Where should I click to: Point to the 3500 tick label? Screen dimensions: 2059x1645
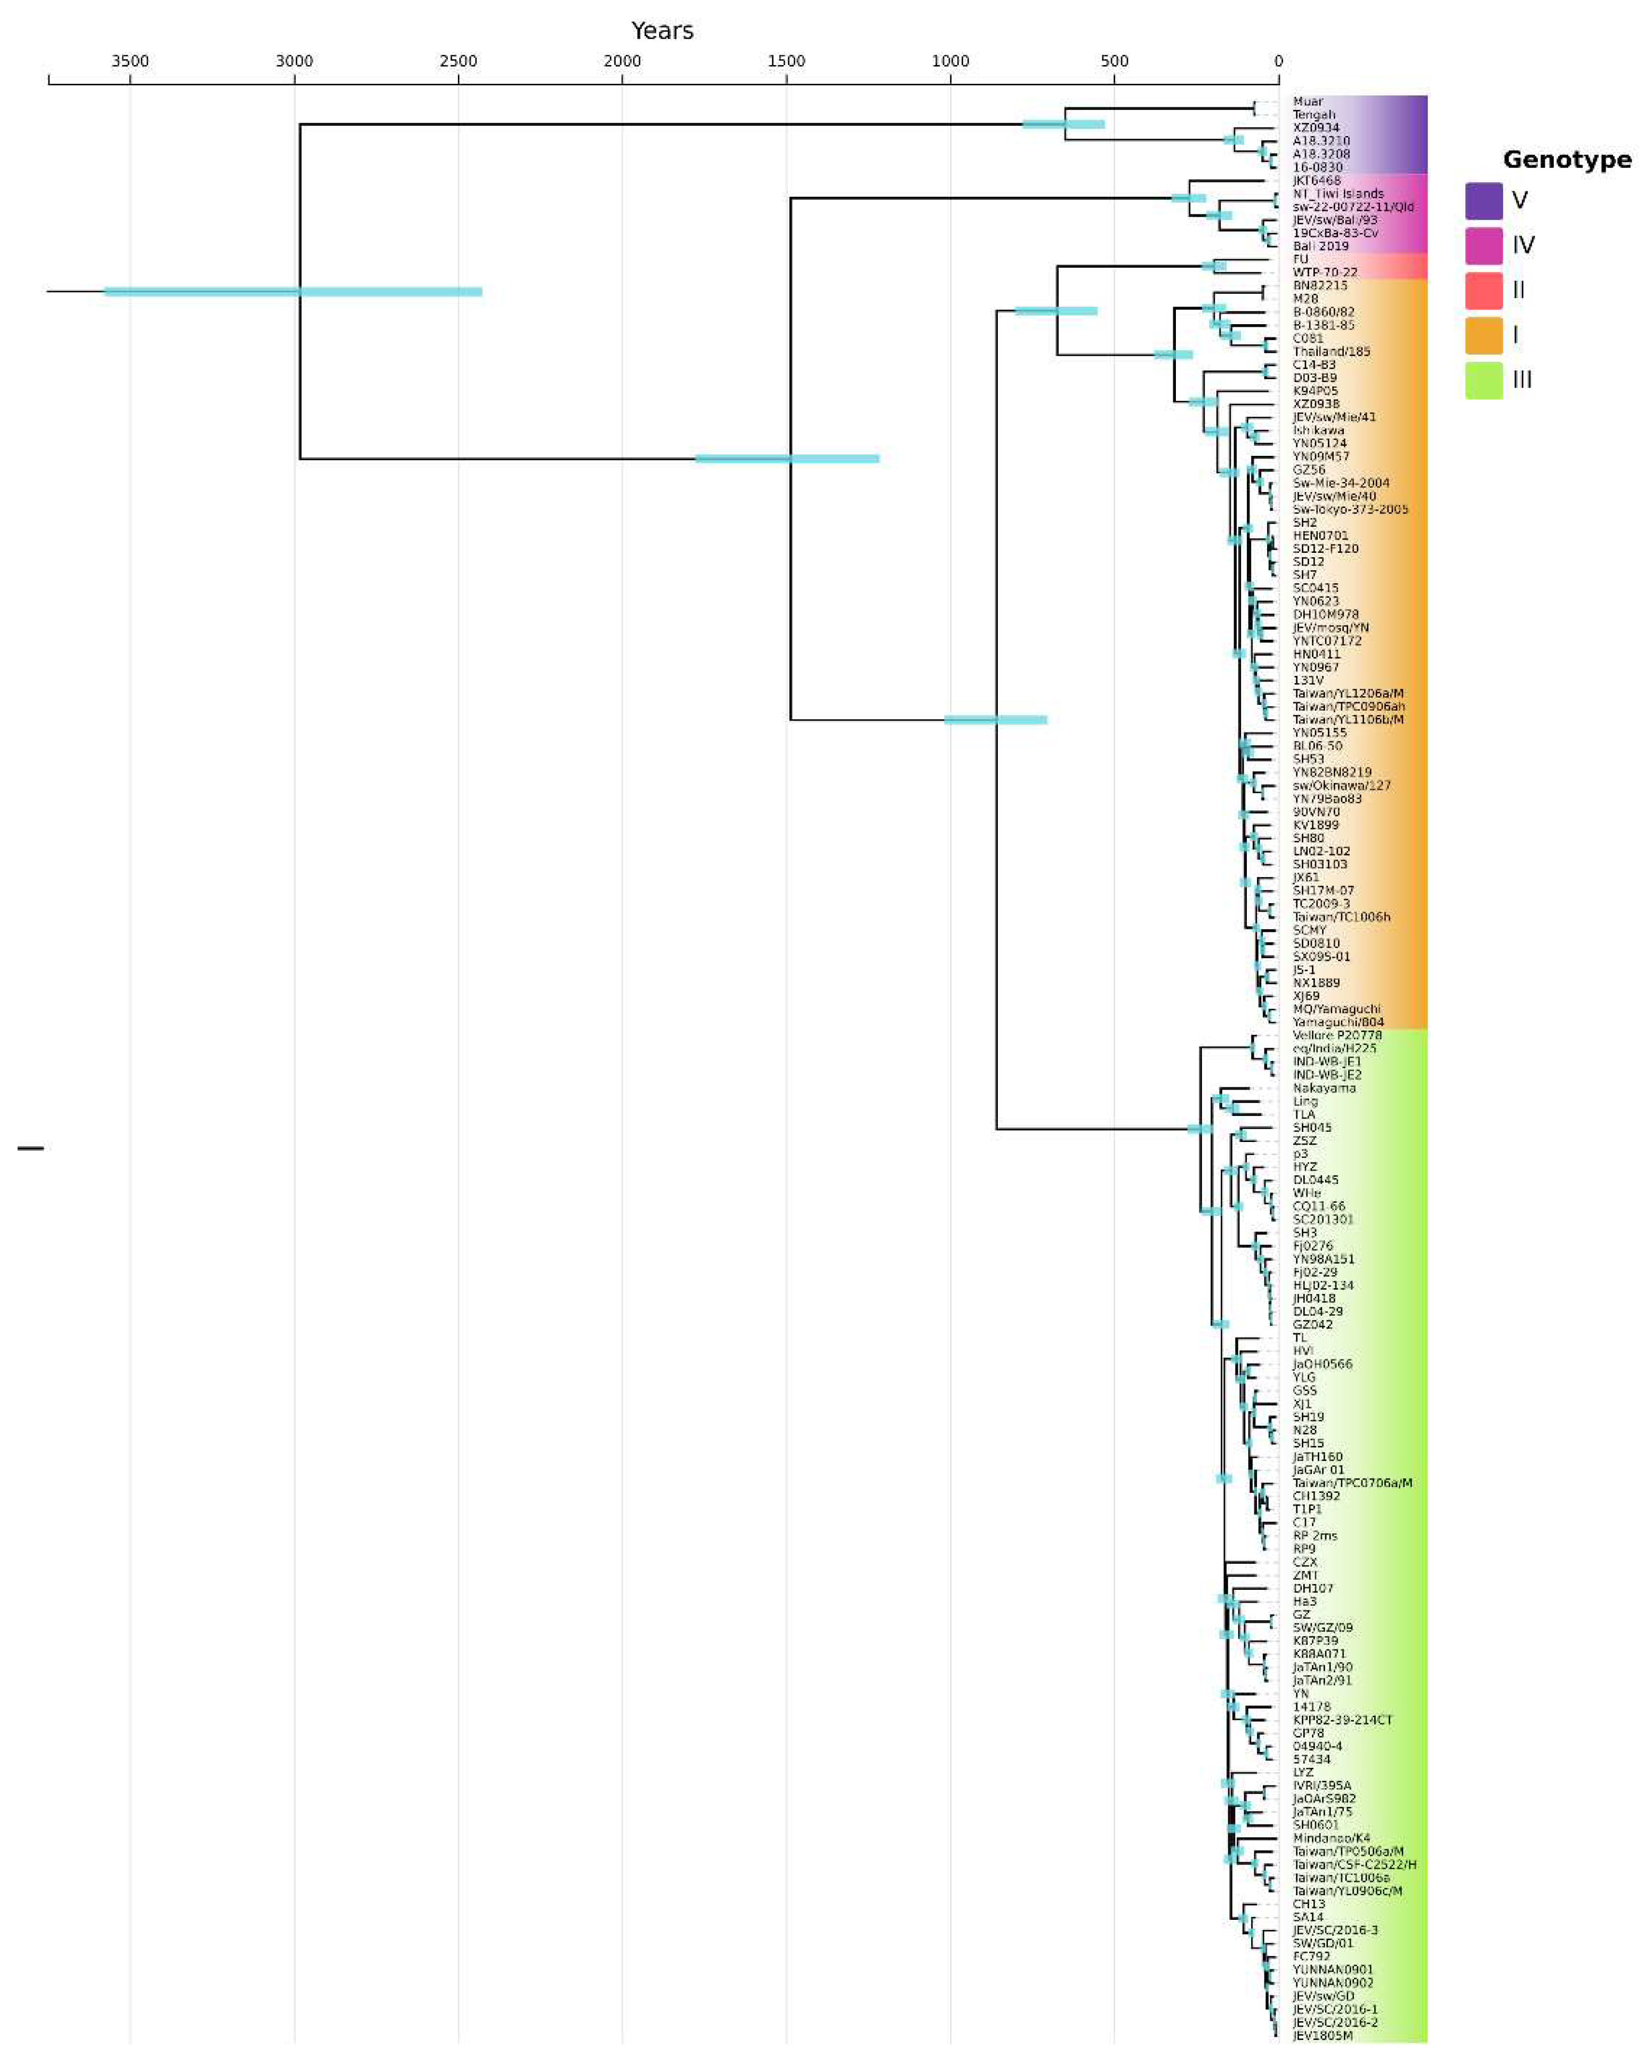(x=130, y=61)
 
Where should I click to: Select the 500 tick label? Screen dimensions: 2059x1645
(x=1114, y=61)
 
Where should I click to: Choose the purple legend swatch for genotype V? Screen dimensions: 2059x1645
(x=1483, y=200)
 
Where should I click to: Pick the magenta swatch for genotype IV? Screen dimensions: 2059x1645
(x=1483, y=245)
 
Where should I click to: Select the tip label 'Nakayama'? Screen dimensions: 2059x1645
(x=1323, y=1088)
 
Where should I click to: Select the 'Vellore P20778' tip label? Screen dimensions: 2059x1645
(x=1336, y=1035)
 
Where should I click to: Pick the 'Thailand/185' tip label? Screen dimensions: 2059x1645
(x=1331, y=351)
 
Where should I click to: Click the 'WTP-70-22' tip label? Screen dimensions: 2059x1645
(x=1324, y=272)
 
